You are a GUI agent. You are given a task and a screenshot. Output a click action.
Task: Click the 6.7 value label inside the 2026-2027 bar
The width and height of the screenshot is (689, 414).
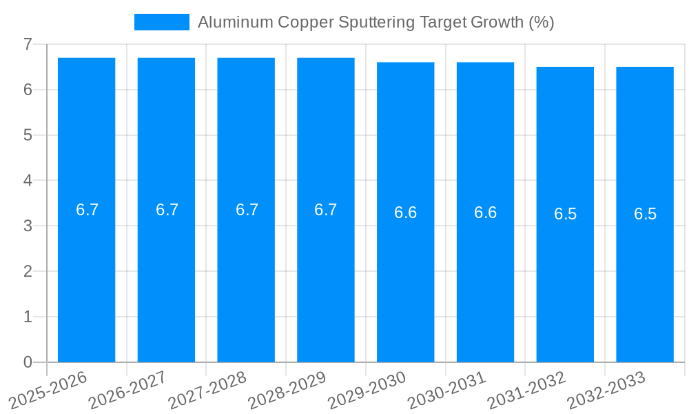click(x=167, y=210)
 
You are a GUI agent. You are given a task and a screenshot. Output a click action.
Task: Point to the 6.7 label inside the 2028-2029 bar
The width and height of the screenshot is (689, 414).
click(x=326, y=210)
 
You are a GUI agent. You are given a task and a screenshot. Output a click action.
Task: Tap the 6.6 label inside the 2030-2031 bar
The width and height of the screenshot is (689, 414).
click(x=485, y=213)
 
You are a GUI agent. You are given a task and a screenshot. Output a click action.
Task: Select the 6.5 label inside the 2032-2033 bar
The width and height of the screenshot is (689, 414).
click(x=645, y=214)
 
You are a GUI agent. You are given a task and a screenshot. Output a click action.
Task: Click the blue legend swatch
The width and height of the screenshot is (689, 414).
click(x=161, y=22)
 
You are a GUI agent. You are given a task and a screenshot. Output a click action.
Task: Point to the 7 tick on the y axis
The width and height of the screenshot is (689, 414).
click(x=28, y=44)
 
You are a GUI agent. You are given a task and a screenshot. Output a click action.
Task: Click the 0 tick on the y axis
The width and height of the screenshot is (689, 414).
click(x=28, y=362)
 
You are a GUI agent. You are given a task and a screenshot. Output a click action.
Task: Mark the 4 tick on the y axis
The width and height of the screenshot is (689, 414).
click(x=28, y=181)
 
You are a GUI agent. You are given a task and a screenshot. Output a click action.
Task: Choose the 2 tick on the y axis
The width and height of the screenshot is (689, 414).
click(x=28, y=271)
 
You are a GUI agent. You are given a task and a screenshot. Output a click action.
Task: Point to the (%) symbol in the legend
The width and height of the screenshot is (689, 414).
click(x=542, y=22)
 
